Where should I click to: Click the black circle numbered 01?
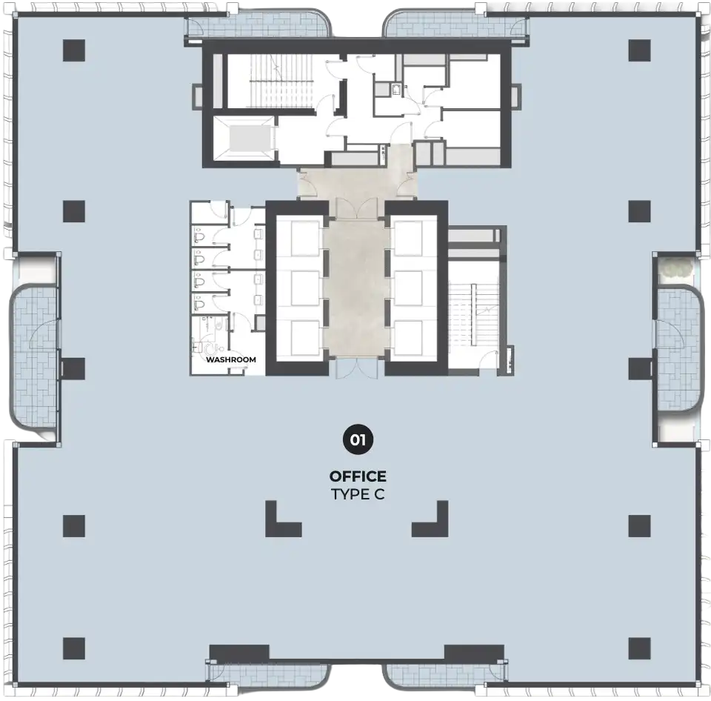(358, 439)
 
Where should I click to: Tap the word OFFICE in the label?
(358, 476)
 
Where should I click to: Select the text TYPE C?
(358, 494)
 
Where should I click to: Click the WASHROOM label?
(231, 360)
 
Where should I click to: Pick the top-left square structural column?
(74, 50)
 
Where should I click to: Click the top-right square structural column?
(640, 50)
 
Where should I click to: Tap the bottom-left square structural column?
(74, 648)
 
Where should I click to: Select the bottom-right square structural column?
(640, 648)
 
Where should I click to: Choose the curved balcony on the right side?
(678, 348)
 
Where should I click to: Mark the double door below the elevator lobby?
(357, 368)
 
